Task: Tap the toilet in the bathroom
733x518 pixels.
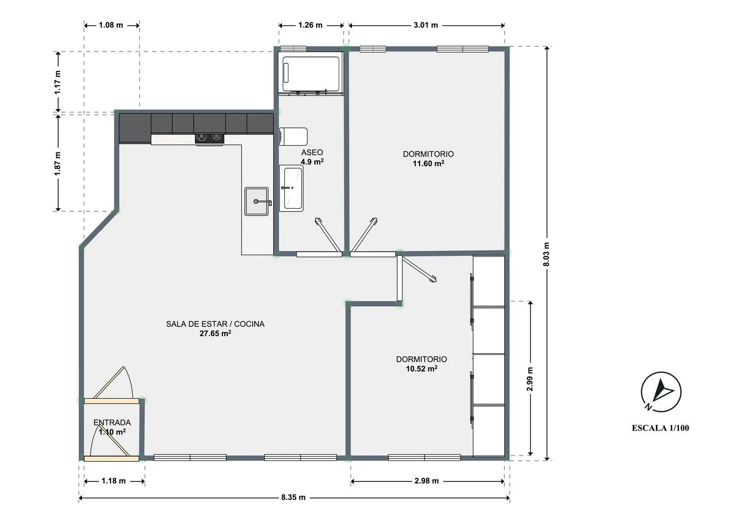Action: [x=293, y=136]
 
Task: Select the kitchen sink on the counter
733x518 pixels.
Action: [x=257, y=201]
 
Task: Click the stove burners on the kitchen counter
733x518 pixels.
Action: [x=210, y=138]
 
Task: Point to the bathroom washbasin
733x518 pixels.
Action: [x=291, y=188]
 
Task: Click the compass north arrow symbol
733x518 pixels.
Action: [x=661, y=392]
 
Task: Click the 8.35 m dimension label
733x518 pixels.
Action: [x=294, y=497]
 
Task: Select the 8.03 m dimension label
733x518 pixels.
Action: [x=546, y=254]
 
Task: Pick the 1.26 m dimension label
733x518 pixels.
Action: [x=310, y=25]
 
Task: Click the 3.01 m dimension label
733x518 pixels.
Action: [x=426, y=25]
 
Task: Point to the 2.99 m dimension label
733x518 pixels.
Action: [x=530, y=379]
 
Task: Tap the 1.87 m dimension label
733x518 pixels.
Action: [x=58, y=163]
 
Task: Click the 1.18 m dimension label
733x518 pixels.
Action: [x=113, y=481]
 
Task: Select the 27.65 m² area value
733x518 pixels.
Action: [x=216, y=333]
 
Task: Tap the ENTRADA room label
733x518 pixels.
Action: [x=112, y=422]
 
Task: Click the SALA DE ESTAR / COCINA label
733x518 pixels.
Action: [x=216, y=324]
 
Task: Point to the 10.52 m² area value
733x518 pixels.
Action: [x=422, y=368]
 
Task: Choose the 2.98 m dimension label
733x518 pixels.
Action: [x=427, y=481]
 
